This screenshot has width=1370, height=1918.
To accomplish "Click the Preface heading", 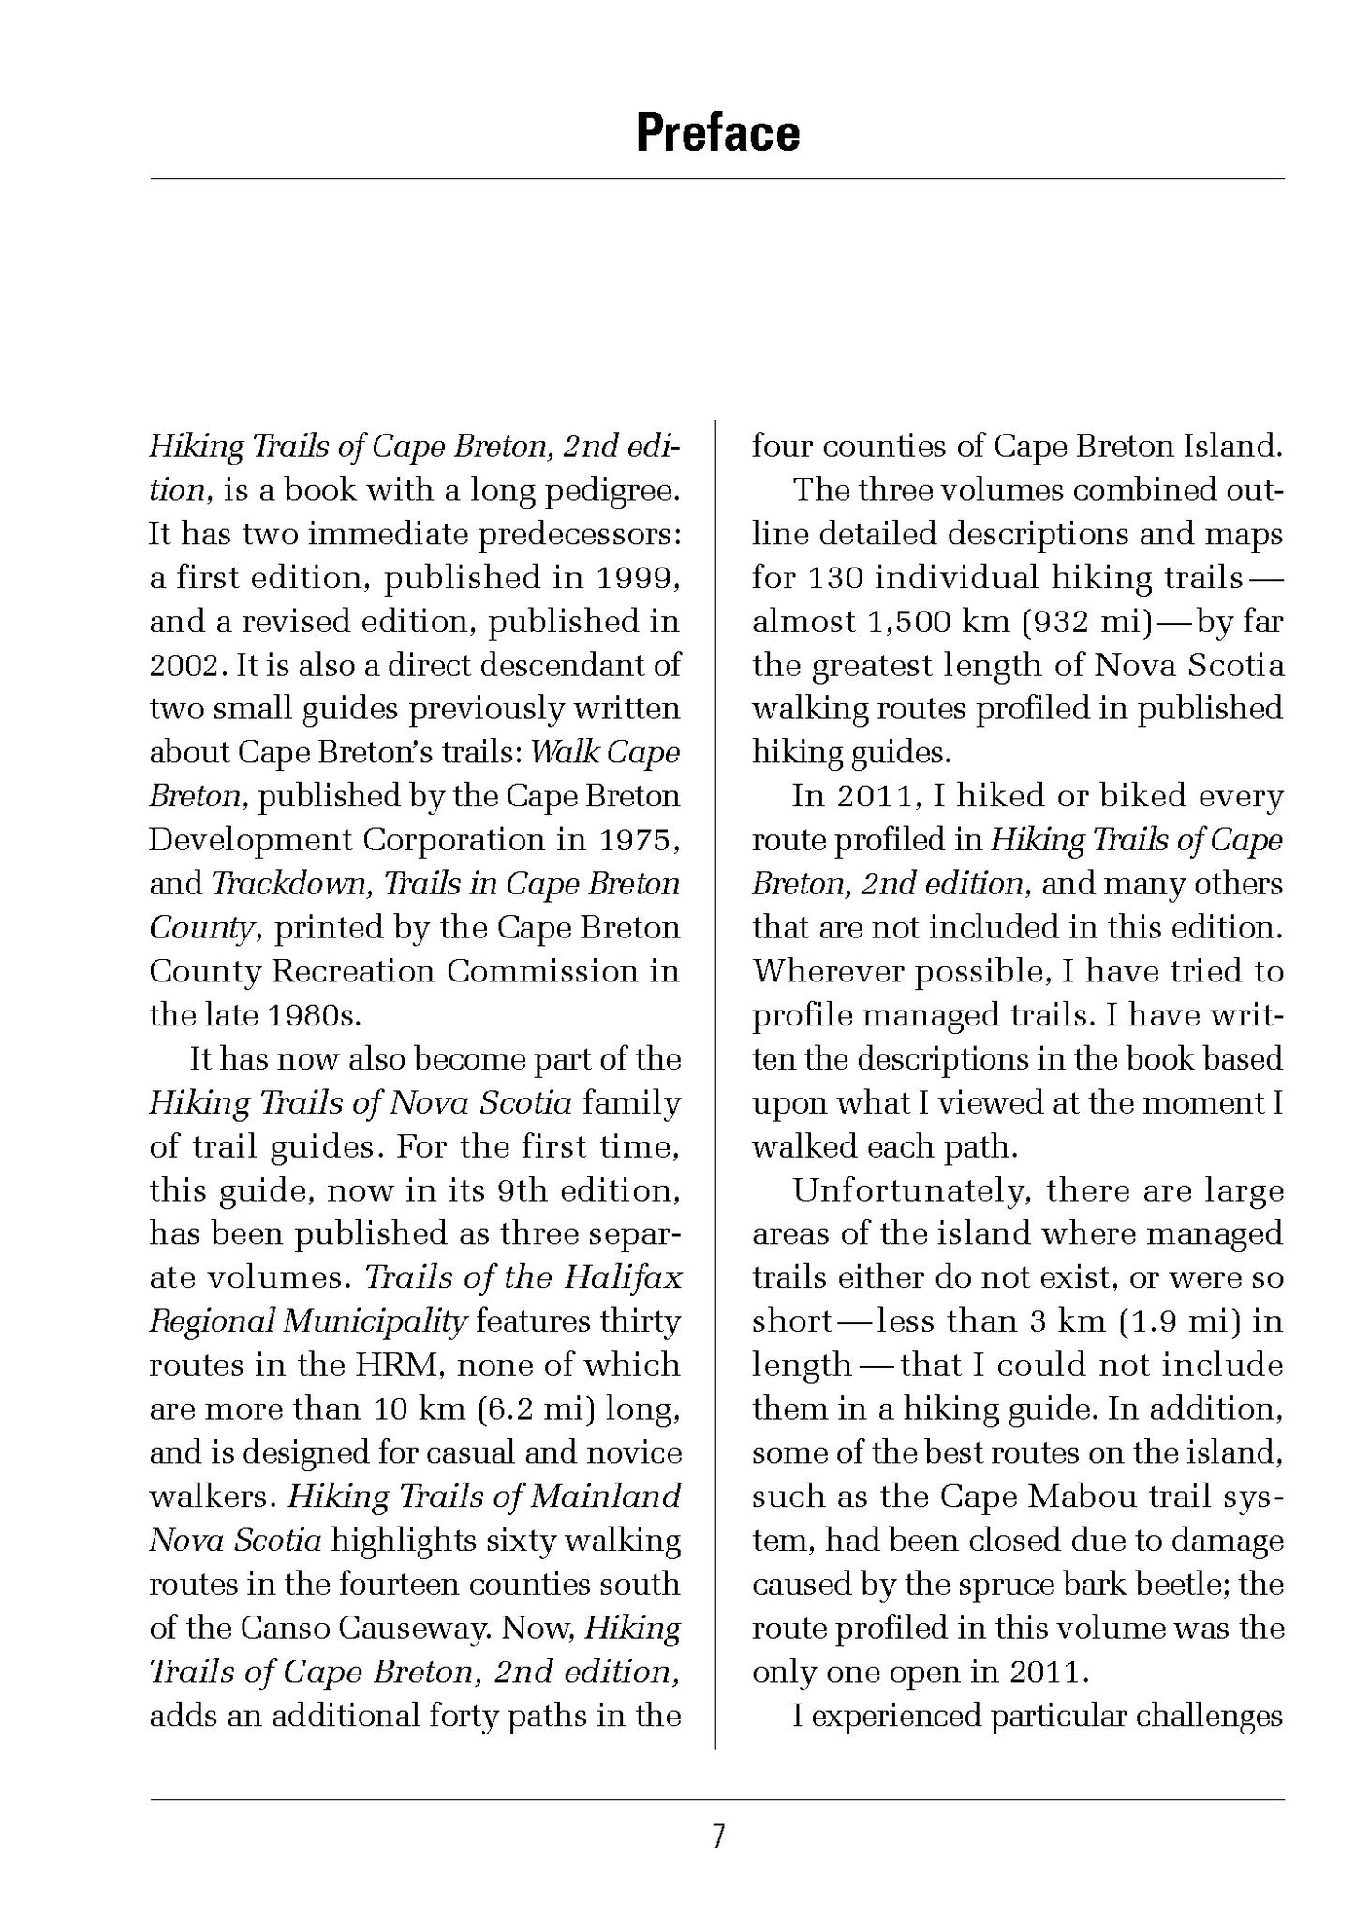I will pyautogui.click(x=717, y=133).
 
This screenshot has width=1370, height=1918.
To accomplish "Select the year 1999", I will pyautogui.click(x=637, y=578).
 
